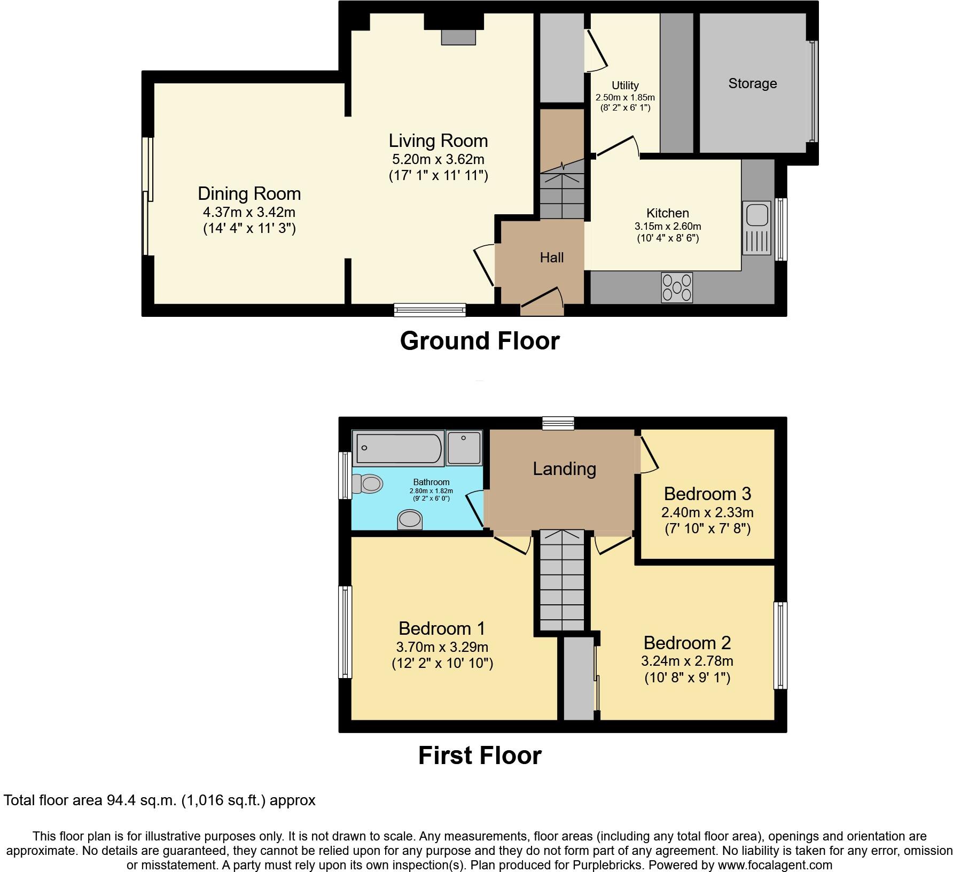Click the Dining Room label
(x=249, y=193)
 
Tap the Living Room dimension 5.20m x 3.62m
(x=438, y=159)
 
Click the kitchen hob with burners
(x=677, y=287)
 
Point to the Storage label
(x=752, y=83)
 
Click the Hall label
(x=551, y=258)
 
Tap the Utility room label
(x=625, y=85)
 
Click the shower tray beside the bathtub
(x=464, y=448)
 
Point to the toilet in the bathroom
(x=368, y=484)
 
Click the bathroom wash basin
(x=410, y=519)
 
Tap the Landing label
(x=564, y=469)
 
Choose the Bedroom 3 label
(x=707, y=493)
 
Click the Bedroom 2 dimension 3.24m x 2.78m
(x=687, y=661)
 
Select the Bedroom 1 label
(x=442, y=628)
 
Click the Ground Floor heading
(x=479, y=341)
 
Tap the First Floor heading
(x=479, y=756)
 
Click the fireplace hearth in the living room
(x=458, y=37)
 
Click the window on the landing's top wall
(x=558, y=424)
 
